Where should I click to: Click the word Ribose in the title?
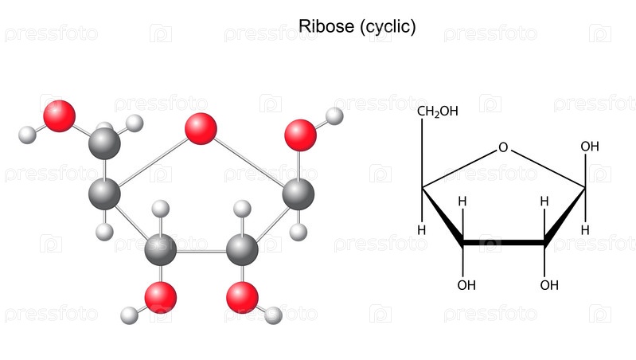pyautogui.click(x=326, y=26)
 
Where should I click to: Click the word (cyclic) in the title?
pyautogui.click(x=388, y=27)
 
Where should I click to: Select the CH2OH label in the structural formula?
pyautogui.click(x=438, y=112)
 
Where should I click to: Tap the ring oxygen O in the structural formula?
pyautogui.click(x=503, y=147)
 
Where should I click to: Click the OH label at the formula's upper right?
pyautogui.click(x=590, y=146)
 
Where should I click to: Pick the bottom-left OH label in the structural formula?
pyautogui.click(x=466, y=285)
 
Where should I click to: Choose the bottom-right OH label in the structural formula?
pyautogui.click(x=549, y=285)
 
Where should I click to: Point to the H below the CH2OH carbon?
pyautogui.click(x=422, y=230)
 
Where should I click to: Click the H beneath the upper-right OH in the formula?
pyautogui.click(x=585, y=230)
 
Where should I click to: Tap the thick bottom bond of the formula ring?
pyautogui.click(x=503, y=243)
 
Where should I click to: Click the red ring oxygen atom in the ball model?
pyautogui.click(x=201, y=129)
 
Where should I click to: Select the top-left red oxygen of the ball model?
pyautogui.click(x=59, y=116)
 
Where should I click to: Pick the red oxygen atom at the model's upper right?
pyautogui.click(x=301, y=135)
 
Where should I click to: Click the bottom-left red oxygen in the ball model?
pyautogui.click(x=161, y=298)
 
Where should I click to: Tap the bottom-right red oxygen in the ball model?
pyautogui.click(x=242, y=298)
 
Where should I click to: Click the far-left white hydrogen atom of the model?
pyautogui.click(x=27, y=135)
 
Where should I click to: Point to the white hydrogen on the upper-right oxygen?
pyautogui.click(x=334, y=116)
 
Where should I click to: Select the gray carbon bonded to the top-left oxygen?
pyautogui.click(x=104, y=143)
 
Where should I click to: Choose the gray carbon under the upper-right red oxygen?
pyautogui.click(x=298, y=194)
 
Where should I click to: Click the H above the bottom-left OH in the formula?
pyautogui.click(x=462, y=202)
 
